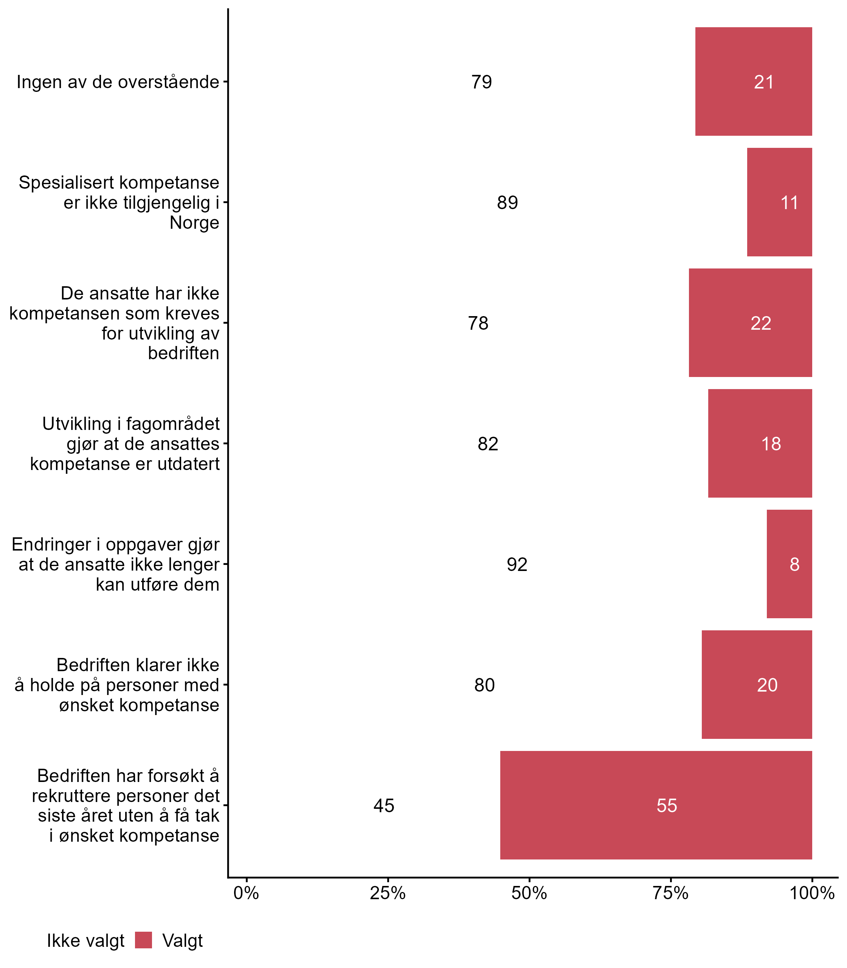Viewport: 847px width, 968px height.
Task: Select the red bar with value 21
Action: coord(753,82)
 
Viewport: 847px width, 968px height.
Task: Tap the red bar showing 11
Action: coord(779,202)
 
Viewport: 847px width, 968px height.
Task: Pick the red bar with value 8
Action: coord(790,564)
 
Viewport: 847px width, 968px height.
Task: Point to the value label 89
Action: coord(507,203)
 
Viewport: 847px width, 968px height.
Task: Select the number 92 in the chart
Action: coord(517,564)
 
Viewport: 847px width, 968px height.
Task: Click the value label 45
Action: coord(383,805)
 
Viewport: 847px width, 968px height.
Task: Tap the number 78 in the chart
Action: coord(478,323)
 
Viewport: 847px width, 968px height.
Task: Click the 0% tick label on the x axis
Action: coord(246,893)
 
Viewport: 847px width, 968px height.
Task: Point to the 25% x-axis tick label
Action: coord(388,893)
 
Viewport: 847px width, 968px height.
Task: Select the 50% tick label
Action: coord(529,893)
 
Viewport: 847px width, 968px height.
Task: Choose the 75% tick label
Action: coord(670,893)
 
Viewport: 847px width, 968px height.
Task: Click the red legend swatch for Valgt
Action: coord(143,941)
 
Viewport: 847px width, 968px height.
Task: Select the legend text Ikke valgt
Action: coord(85,941)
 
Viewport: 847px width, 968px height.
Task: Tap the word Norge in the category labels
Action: coord(194,223)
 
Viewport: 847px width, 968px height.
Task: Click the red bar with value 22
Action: coord(750,323)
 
